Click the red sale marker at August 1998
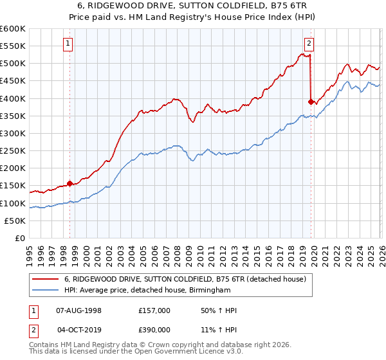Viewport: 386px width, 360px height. point(69,183)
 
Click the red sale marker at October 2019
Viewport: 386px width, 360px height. point(311,102)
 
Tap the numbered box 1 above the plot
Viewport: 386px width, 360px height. point(68,44)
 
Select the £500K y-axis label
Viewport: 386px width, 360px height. point(13,64)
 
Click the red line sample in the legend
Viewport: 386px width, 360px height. point(46,279)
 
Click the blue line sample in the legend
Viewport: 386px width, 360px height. point(46,291)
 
